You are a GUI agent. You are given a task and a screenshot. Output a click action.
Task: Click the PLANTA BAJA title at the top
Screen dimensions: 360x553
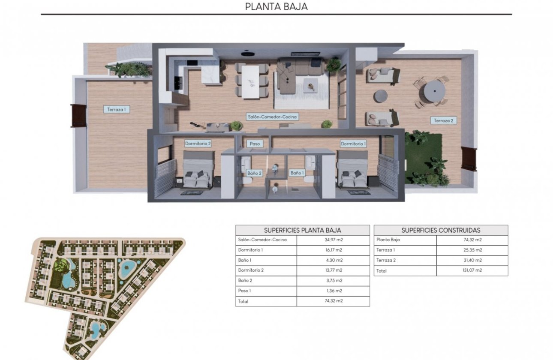coord(276,7)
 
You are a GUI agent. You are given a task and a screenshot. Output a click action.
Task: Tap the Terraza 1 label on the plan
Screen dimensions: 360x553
coord(116,109)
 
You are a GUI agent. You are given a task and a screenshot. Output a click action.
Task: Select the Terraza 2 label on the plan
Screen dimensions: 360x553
coord(443,120)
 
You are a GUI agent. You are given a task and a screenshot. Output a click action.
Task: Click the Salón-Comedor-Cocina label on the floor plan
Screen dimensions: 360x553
coord(272,116)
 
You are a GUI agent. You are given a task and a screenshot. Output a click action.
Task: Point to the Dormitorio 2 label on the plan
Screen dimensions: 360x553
coord(198,144)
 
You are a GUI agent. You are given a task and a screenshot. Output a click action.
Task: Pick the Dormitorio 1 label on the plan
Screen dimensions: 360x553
coord(353,144)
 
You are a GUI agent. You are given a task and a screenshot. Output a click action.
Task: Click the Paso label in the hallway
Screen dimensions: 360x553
coord(254,144)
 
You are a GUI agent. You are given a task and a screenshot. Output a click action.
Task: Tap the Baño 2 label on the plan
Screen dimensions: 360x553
coord(254,173)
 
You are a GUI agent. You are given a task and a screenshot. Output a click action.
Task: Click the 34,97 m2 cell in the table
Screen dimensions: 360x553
coord(333,240)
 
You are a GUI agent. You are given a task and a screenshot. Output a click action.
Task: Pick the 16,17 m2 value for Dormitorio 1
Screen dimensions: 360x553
coord(333,250)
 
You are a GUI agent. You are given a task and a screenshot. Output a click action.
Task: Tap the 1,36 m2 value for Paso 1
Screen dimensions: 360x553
coord(333,291)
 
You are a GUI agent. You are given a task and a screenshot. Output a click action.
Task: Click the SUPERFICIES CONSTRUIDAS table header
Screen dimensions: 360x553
coord(441,230)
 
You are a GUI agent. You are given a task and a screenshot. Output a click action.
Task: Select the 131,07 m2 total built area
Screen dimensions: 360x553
coord(472,271)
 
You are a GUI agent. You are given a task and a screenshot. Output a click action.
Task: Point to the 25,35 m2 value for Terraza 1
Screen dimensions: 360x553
coord(472,250)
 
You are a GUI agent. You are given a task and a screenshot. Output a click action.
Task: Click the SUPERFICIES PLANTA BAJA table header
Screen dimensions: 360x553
coord(302,230)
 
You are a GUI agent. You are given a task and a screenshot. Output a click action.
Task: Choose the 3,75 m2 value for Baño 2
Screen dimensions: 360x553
coord(333,281)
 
